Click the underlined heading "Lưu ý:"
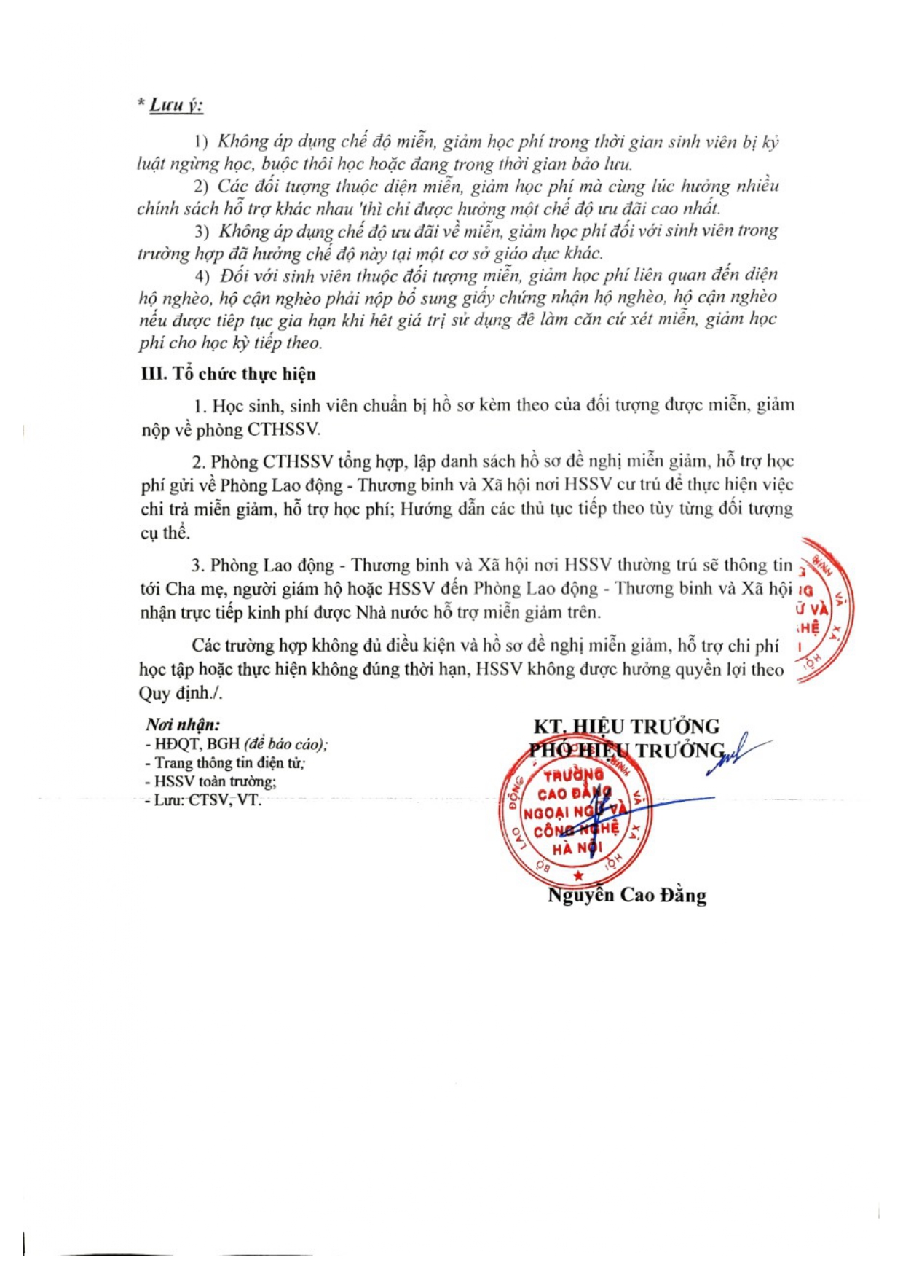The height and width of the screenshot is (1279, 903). click(176, 106)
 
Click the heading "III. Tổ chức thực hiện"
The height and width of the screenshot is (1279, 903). click(228, 374)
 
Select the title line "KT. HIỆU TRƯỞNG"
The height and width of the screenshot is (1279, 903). click(626, 727)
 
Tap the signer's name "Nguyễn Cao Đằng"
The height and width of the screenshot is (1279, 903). click(627, 895)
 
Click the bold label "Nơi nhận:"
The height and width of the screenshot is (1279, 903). click(183, 724)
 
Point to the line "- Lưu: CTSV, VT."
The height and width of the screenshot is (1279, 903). click(203, 800)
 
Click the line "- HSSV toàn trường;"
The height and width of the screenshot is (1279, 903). click(211, 781)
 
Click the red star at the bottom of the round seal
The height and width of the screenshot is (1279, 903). click(578, 875)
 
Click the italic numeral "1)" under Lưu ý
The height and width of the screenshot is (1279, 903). click(201, 141)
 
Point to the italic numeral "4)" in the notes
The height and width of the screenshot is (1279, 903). click(202, 276)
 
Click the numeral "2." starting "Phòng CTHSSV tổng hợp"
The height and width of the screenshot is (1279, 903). click(200, 462)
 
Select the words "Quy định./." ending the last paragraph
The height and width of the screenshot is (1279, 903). click(180, 693)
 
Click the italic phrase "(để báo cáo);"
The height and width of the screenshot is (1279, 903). click(285, 744)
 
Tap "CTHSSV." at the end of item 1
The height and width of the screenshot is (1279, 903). click(284, 429)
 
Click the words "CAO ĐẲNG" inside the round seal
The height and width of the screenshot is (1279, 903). click(575, 793)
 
